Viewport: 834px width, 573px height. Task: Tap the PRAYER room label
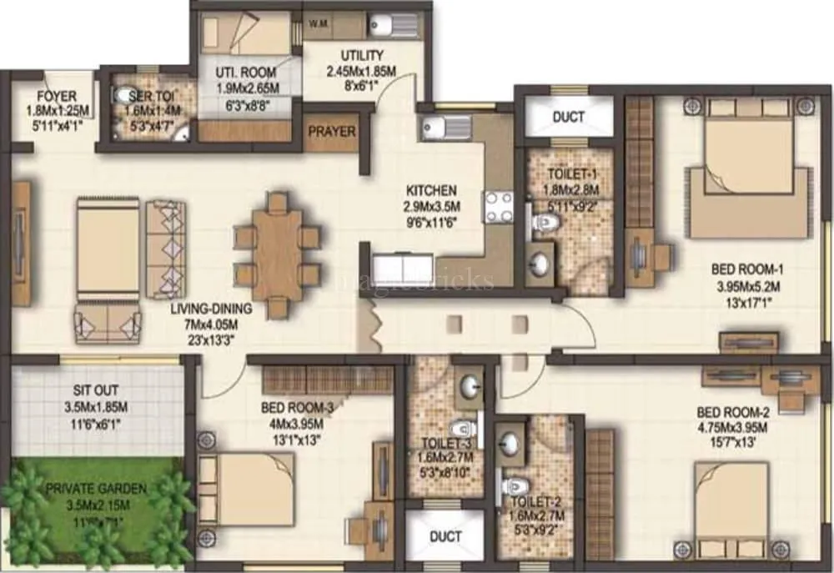point(332,132)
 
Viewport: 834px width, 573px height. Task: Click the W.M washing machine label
point(318,23)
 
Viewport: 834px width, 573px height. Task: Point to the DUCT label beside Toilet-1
point(569,117)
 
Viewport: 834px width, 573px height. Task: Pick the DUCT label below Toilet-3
point(445,537)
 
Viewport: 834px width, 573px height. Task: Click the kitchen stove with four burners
point(498,209)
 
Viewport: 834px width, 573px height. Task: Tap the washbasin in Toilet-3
point(469,386)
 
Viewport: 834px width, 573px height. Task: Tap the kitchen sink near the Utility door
point(435,128)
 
